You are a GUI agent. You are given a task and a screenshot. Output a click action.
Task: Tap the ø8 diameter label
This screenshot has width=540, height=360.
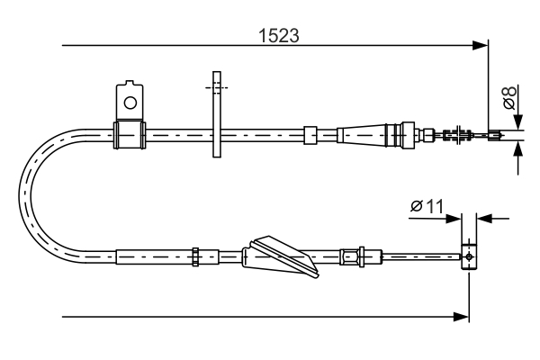510,98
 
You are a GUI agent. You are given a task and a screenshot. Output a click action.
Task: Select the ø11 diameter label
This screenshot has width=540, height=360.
427,206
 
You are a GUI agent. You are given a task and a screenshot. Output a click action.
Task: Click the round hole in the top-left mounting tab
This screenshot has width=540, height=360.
130,102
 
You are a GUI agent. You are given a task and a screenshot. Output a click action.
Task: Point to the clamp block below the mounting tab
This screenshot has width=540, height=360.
130,135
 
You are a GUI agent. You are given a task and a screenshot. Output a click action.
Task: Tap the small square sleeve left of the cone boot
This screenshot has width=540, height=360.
310,135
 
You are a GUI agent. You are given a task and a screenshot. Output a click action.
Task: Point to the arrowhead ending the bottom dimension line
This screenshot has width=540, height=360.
463,316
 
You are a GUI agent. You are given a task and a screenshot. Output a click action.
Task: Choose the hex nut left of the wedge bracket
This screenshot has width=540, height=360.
194,256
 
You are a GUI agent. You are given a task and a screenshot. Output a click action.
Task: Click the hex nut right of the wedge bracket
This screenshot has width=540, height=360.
360,256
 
